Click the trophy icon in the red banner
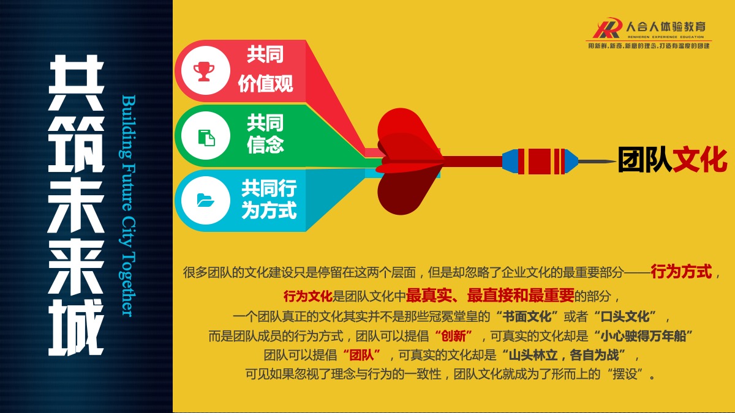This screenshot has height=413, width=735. coord(204,71)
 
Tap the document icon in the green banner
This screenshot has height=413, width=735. coord(206,137)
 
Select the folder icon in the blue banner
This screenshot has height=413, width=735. coord(205,200)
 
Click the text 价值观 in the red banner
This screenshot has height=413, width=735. coord(265,84)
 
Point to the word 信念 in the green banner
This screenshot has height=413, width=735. coord(265,144)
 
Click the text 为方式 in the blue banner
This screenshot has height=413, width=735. coord(269,210)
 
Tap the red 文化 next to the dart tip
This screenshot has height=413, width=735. coord(700,160)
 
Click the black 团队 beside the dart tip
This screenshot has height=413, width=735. coord(645,160)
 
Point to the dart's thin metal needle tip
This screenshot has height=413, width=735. coord(616,161)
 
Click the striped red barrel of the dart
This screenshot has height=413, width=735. coord(541,162)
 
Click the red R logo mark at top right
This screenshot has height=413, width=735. coord(608,28)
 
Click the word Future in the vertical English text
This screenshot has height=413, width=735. coord(129,187)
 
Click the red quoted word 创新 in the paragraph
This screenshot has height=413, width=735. coord(453,336)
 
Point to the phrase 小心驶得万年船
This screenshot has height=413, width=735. coord(644,336)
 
